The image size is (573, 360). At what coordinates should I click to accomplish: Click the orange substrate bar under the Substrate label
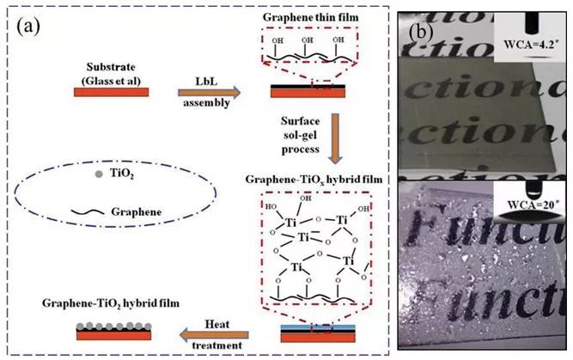coord(115,91)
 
